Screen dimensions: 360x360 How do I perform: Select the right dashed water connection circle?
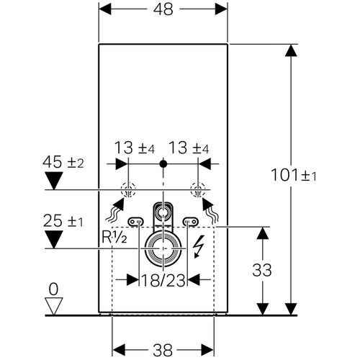pos(196,191)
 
